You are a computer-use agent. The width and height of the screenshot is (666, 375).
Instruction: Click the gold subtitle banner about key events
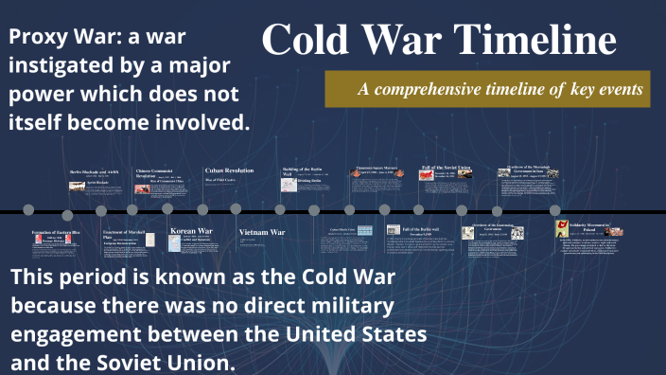pyautogui.click(x=487, y=89)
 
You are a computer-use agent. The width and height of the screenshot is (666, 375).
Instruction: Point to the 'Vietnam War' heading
pyautogui.click(x=261, y=232)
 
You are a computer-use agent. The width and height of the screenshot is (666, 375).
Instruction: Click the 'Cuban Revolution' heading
pyautogui.click(x=229, y=170)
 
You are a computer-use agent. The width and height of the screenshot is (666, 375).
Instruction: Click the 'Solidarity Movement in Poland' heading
pyautogui.click(x=589, y=226)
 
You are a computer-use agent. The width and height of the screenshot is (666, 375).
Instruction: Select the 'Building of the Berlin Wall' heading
pyautogui.click(x=303, y=170)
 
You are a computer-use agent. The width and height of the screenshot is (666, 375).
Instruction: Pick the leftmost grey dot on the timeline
pyautogui.click(x=28, y=209)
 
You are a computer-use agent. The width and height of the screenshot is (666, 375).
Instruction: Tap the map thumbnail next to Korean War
pyautogui.click(x=175, y=243)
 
